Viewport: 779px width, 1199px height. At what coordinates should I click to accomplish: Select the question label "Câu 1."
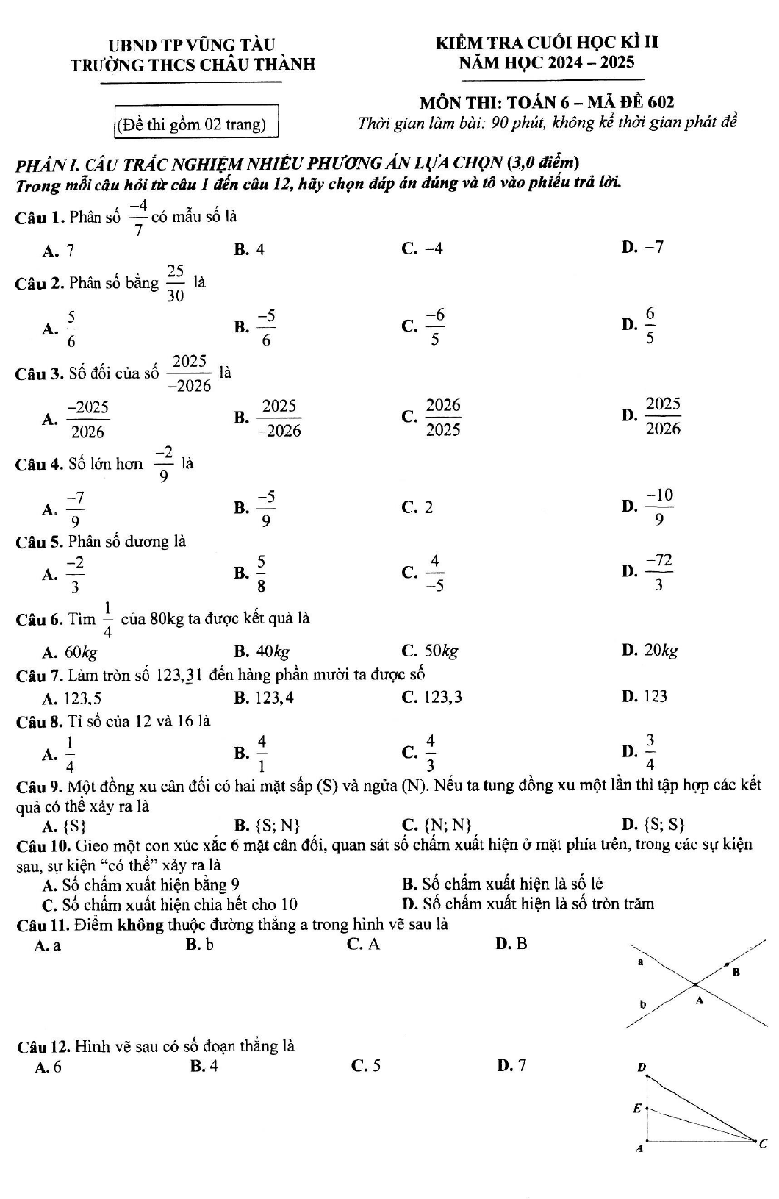40,218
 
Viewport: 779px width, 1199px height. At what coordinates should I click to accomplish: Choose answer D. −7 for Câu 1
643,248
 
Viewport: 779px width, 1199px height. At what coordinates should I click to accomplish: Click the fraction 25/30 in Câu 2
175,284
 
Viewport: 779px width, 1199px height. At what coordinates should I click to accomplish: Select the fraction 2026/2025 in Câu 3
443,417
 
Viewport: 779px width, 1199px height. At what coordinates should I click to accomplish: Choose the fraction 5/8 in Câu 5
261,573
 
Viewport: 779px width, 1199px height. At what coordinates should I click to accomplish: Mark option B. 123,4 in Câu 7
265,697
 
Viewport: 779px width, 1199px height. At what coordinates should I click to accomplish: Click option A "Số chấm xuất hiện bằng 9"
141,884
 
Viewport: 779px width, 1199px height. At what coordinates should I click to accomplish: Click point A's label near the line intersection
699,1001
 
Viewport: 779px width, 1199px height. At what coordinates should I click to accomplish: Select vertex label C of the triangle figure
762,1143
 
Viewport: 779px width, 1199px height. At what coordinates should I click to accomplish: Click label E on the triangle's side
637,1108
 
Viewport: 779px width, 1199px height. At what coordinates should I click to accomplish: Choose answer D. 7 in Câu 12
511,1065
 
